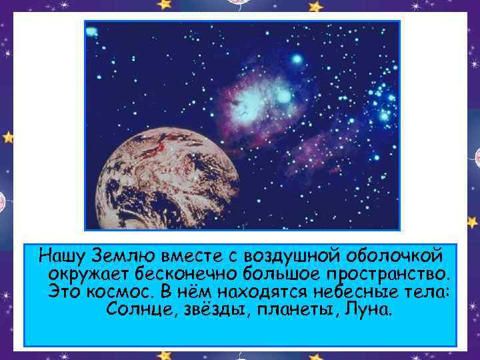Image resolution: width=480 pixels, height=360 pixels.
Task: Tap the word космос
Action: pyautogui.click(x=119, y=291)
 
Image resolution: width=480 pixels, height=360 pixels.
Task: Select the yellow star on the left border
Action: pyautogui.click(x=8, y=137)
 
